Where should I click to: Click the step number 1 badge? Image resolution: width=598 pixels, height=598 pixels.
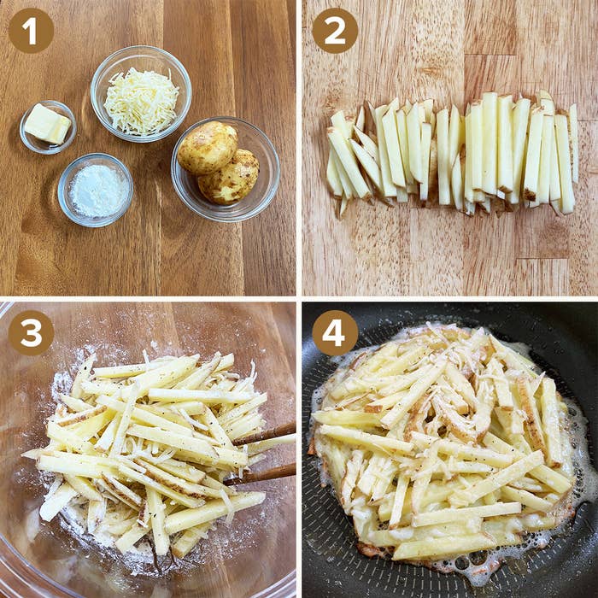(x=31, y=31)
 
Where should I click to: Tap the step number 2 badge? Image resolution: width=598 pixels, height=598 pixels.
(x=335, y=31)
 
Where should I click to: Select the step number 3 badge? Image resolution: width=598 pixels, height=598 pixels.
(x=31, y=333)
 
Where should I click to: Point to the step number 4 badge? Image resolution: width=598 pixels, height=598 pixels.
(x=335, y=333)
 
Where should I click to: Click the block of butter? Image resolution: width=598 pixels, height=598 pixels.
(x=48, y=124)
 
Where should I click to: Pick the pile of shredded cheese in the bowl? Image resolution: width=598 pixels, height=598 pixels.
(x=141, y=102)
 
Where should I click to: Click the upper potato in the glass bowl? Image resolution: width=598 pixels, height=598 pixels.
(x=208, y=147)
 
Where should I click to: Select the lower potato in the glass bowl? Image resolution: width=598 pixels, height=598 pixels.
(x=229, y=178)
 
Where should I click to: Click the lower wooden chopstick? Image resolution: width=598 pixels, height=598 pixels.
(x=260, y=474)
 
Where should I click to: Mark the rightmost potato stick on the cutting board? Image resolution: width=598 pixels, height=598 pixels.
(x=573, y=143)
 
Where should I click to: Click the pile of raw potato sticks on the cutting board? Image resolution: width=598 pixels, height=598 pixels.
(x=452, y=153)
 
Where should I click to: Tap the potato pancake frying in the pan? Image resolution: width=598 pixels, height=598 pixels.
(x=443, y=443)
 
